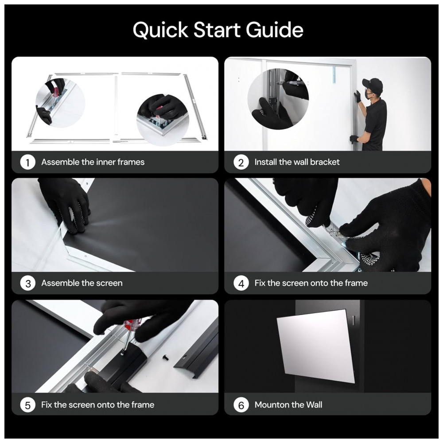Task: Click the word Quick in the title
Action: click(x=160, y=30)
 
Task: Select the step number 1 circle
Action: click(x=27, y=162)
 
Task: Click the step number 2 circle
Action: click(x=241, y=162)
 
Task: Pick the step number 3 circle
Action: click(x=27, y=284)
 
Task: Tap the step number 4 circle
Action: click(x=241, y=284)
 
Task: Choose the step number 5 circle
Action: click(x=27, y=405)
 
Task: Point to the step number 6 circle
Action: click(x=241, y=405)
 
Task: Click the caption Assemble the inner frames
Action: click(x=93, y=162)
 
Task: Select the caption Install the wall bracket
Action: click(x=297, y=162)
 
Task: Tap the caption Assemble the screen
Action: click(x=82, y=283)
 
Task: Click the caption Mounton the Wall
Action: click(x=288, y=404)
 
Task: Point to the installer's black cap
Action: click(x=373, y=83)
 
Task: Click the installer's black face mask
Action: click(x=368, y=94)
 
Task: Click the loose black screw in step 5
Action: click(x=166, y=358)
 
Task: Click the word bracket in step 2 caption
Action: click(x=325, y=162)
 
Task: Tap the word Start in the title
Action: click(x=217, y=30)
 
